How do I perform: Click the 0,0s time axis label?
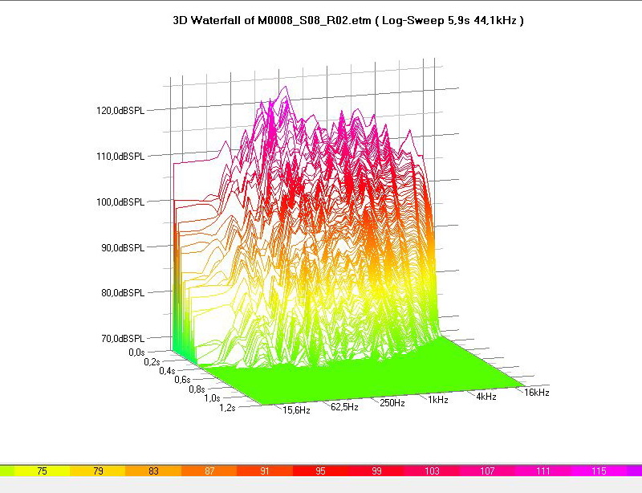pos(136,352)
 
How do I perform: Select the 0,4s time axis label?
pos(167,371)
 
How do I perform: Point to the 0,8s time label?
pos(197,389)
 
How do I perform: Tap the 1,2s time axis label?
pos(227,408)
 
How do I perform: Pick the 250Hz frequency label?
pos(392,402)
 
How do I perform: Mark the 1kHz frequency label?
pos(438,399)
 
